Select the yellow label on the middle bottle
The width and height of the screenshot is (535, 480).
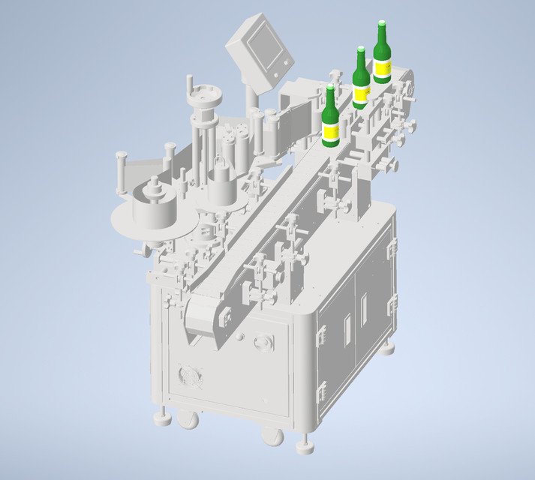pyautogui.click(x=361, y=93)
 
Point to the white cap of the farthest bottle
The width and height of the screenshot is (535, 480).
pyautogui.click(x=382, y=23)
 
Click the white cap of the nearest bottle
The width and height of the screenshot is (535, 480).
pyautogui.click(x=330, y=88)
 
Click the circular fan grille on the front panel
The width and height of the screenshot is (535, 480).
pyautogui.click(x=188, y=376)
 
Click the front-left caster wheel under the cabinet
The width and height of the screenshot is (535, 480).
pyautogui.click(x=188, y=419)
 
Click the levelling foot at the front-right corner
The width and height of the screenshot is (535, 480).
pyautogui.click(x=305, y=446)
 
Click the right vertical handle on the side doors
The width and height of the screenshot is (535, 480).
pyautogui.click(x=364, y=308)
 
